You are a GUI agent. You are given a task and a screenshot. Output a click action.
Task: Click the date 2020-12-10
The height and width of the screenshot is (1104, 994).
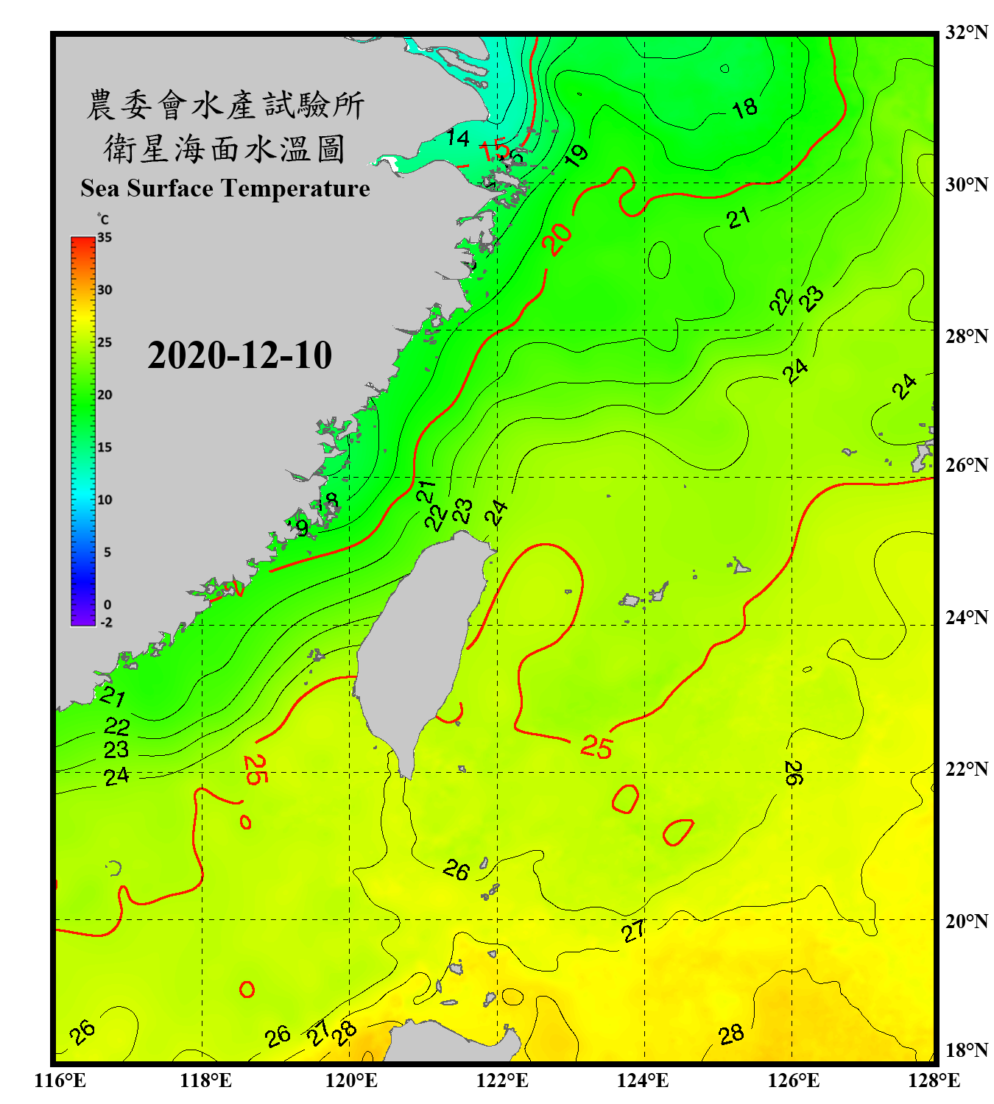point(239,355)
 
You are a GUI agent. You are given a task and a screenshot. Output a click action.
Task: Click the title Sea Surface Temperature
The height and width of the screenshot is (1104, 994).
point(225,188)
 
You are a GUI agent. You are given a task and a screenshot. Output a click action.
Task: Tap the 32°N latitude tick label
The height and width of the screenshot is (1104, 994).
point(966,32)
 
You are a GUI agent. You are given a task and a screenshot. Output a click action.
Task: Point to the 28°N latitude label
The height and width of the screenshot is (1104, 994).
point(966,336)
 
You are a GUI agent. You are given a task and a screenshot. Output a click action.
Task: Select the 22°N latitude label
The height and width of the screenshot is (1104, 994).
point(966,769)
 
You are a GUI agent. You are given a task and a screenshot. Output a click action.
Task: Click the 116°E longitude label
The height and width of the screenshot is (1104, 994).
point(60,1080)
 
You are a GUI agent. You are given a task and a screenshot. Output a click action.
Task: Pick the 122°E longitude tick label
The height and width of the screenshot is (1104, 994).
point(502,1080)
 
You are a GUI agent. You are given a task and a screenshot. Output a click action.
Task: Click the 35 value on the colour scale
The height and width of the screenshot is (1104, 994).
point(105,238)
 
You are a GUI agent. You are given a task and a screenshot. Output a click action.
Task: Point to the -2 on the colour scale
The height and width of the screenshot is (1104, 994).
point(106,623)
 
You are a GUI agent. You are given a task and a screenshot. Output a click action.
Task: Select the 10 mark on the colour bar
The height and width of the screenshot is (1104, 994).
point(105,500)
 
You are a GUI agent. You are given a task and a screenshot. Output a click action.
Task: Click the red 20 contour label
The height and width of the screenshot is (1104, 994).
point(557,238)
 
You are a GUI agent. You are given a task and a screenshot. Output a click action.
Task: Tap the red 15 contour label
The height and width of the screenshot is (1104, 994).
point(494,150)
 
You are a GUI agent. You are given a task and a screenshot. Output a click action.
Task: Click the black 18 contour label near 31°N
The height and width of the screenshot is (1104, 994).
point(744,108)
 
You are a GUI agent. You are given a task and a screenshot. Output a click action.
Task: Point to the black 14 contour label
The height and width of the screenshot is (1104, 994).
point(457,138)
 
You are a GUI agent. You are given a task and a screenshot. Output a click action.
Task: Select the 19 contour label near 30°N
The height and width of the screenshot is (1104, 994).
point(577,155)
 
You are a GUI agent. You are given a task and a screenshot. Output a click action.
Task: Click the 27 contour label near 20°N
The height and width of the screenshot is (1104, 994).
point(634,931)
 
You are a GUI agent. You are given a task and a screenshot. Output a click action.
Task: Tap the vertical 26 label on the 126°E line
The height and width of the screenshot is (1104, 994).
point(794,773)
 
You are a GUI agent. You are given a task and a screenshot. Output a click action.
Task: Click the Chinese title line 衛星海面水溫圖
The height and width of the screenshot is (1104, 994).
point(225,149)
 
